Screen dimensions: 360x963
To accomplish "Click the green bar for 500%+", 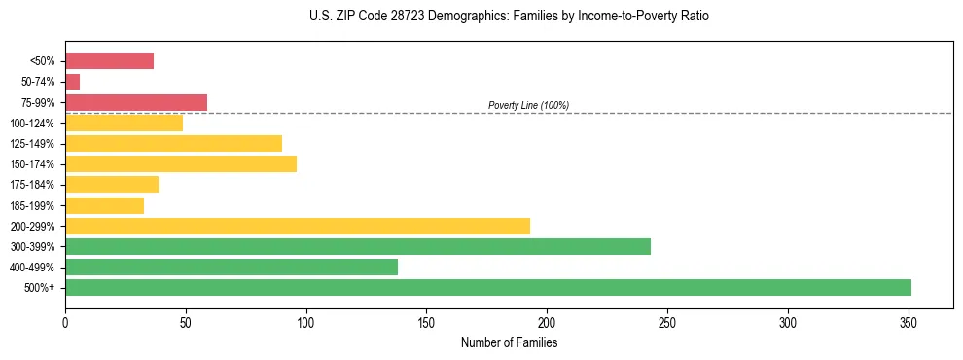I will (x=487, y=287).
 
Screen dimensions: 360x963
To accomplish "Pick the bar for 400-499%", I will (x=231, y=267).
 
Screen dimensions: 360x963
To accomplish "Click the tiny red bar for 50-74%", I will (x=72, y=82).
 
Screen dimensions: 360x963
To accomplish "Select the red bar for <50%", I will (x=109, y=61).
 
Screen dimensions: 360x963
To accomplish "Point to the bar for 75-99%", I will (x=135, y=102).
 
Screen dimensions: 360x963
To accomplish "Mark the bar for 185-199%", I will (x=104, y=205).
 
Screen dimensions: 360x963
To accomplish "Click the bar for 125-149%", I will (x=173, y=143).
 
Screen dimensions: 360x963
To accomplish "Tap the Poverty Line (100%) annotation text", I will (x=528, y=105).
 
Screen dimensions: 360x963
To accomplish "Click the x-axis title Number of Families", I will (x=509, y=342).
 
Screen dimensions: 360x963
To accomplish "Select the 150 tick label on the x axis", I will (x=426, y=322).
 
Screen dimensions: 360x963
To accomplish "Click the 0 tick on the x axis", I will (x=65, y=322).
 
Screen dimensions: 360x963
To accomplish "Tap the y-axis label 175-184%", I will (x=32, y=185).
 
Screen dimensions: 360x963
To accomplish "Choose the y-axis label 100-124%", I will (x=32, y=124).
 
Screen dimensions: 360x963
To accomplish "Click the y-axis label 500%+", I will (x=38, y=288).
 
